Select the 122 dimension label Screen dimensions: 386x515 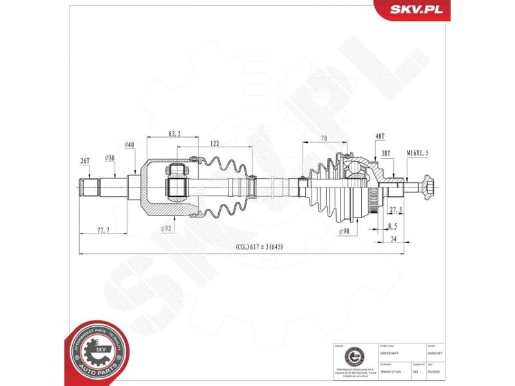(214, 144)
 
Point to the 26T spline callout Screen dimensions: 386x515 (85, 160)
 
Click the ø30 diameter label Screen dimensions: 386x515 (110, 158)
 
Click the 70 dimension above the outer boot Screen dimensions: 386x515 (324, 138)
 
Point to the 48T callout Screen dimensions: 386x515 (379, 136)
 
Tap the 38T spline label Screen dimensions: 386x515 (385, 153)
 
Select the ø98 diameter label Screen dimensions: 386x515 (345, 232)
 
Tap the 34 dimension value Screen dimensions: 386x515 (393, 239)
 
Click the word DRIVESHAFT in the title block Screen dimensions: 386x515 (389, 353)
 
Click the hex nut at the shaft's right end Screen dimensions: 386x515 (427, 187)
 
